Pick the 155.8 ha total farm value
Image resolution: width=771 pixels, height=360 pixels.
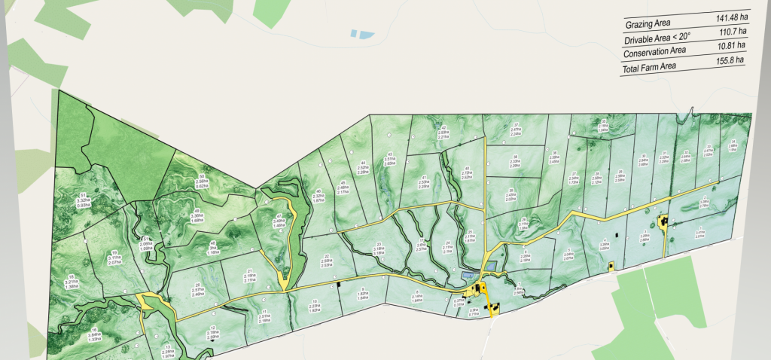[x=729, y=60]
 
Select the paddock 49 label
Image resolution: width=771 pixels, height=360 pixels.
[x=197, y=214]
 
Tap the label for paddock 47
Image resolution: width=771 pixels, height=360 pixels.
[x=278, y=218]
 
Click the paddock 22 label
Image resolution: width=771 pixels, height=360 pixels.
[x=327, y=261]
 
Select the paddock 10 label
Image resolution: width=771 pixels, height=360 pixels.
[x=315, y=307]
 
